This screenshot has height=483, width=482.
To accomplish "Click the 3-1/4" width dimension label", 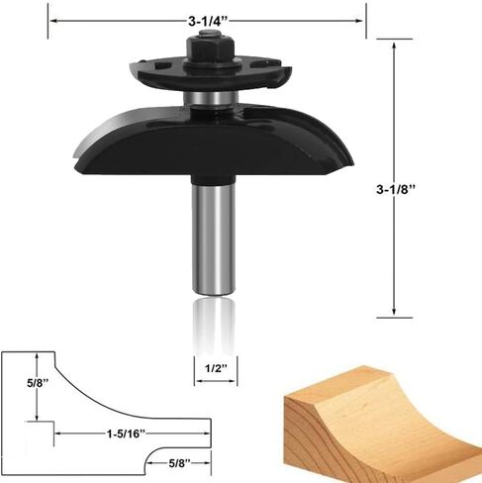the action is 208,22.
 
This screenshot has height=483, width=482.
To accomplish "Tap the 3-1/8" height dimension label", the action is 396,189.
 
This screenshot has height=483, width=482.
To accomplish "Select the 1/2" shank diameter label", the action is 216,368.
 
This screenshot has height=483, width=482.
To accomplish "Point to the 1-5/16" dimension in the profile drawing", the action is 126,434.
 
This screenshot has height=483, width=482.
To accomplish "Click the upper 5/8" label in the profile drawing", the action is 38,383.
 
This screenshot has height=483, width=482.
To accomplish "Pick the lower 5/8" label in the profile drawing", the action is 180,463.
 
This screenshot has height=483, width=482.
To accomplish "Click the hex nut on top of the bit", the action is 211,48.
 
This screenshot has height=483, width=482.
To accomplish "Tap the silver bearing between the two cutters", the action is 211,98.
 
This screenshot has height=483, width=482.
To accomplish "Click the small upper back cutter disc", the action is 211,74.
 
